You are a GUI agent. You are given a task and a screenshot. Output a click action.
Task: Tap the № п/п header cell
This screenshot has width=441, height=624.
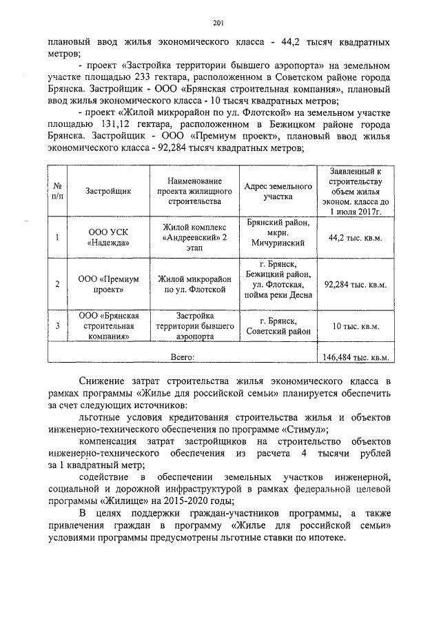(58, 190)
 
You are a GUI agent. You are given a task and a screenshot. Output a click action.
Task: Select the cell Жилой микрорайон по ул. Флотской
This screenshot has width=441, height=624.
(194, 284)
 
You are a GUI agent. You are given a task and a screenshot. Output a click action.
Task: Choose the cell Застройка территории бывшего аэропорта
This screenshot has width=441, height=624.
(194, 326)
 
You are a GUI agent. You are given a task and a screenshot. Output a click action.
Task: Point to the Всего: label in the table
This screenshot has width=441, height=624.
(183, 356)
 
